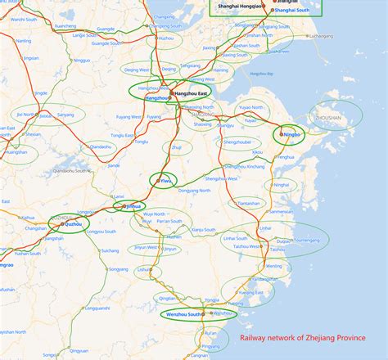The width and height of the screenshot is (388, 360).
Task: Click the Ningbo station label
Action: click(292, 134)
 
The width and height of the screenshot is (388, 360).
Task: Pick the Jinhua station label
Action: click(133, 206)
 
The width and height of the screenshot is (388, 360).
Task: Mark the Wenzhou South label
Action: click(184, 314)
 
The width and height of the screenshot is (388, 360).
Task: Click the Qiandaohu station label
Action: click(100, 146)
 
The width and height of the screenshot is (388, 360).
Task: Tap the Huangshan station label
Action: click(16, 151)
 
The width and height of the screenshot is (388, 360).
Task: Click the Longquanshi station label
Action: click(97, 308)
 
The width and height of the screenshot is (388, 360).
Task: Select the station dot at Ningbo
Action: click(282, 134)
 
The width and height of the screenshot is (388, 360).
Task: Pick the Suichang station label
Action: click(111, 250)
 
